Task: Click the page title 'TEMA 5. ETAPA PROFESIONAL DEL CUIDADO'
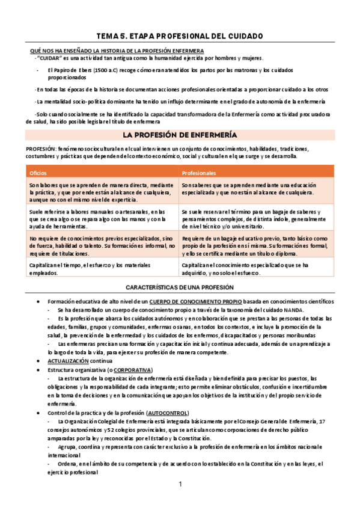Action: (180, 36)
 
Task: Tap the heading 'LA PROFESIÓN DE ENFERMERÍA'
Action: (180, 135)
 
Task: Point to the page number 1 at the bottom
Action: (180, 485)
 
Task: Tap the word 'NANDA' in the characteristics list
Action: (293, 309)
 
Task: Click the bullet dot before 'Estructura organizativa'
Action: (39, 369)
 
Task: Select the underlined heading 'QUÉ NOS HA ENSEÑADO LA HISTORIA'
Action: (117, 50)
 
